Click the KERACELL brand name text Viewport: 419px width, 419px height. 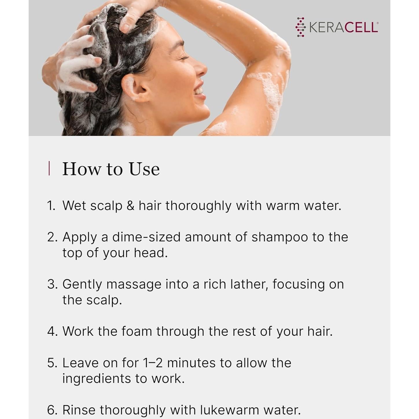[343, 27]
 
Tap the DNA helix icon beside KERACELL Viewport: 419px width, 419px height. [301, 27]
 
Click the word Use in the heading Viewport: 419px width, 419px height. [144, 169]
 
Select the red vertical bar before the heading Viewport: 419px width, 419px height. [49, 168]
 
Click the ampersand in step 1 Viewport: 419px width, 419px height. [130, 206]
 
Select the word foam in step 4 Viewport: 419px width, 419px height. [137, 331]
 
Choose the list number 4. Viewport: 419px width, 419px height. [52, 331]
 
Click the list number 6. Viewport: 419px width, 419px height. [52, 410]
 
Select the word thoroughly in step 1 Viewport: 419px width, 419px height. [198, 206]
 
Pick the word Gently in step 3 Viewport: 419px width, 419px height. [82, 284]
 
